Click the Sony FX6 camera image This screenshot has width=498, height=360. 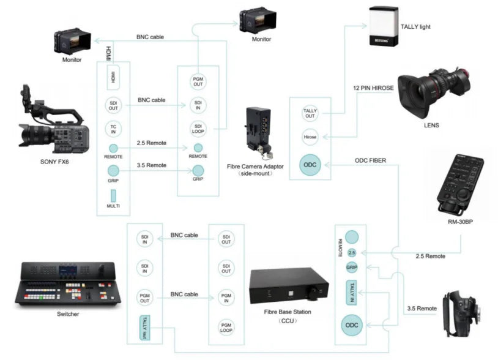tap(52, 126)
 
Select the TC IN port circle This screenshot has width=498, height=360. tap(113, 129)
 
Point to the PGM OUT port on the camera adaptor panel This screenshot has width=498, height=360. tap(198, 81)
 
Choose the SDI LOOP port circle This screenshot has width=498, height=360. tap(198, 128)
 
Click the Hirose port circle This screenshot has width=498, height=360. tap(310, 137)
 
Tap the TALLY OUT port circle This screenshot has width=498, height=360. tap(310, 113)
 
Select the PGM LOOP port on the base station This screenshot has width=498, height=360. tap(226, 326)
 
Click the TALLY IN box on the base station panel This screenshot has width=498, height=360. tap(351, 290)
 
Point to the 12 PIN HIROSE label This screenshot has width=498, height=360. tap(373, 89)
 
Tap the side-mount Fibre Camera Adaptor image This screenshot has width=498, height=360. tap(258, 134)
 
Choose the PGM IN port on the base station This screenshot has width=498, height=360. tap(226, 297)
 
